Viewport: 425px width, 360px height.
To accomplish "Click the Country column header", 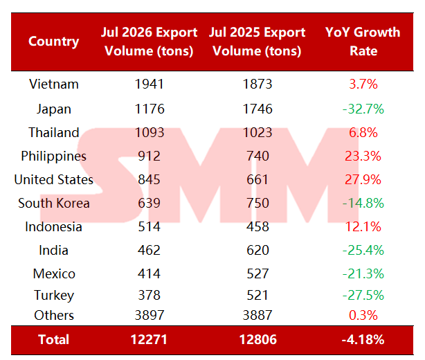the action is point(54,42).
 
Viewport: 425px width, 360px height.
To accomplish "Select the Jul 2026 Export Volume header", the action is point(149,42).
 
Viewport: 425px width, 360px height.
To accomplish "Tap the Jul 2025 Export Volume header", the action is point(257,42).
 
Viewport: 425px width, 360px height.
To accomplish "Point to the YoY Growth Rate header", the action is point(363,42).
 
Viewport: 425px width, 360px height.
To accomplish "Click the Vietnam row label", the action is point(54,84).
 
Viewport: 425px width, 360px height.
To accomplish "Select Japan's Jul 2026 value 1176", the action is point(150,109).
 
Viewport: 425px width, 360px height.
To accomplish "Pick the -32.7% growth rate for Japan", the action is point(363,109).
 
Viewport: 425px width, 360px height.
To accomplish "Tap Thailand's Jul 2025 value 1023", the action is point(257,132).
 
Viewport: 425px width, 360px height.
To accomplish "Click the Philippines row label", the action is point(54,156).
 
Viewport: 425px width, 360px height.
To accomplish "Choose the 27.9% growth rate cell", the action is point(363,179).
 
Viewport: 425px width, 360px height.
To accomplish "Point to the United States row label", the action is point(54,179).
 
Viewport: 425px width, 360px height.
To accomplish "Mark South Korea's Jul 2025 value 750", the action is point(257,203).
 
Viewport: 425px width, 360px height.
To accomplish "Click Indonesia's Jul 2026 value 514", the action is point(149,226).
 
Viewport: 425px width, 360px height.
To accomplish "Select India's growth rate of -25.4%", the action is point(363,250).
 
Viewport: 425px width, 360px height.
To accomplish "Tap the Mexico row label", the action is point(54,273).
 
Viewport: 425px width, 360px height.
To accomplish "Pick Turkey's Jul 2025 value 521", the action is point(257,295).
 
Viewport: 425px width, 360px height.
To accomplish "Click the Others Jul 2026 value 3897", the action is point(150,315).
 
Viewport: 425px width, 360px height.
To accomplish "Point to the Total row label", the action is point(54,340).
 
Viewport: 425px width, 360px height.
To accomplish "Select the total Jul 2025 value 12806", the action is point(257,340).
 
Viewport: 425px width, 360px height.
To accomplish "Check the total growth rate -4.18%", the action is point(363,340).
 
